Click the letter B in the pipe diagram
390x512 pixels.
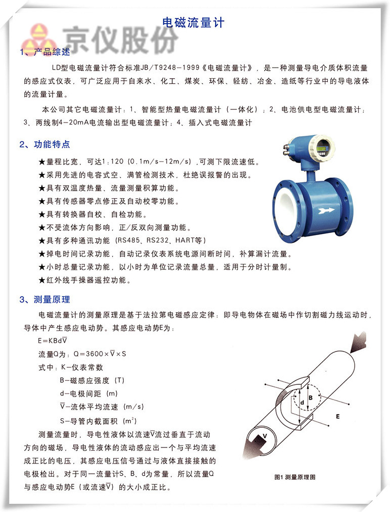click(x=311, y=397)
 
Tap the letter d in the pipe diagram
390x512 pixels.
click(x=302, y=404)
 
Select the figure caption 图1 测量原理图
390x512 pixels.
click(x=294, y=477)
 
